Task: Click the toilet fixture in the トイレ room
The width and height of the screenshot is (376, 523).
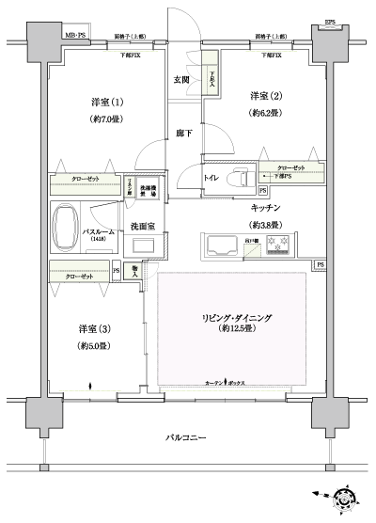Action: tap(236, 174)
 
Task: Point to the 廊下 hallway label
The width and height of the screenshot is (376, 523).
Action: tap(180, 135)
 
